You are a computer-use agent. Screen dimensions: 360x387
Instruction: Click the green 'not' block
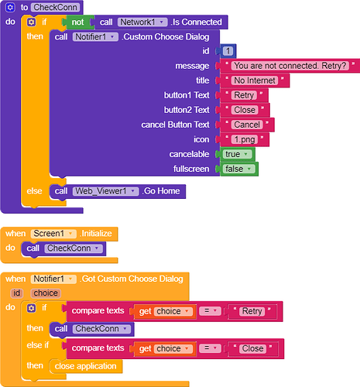pyautogui.click(x=78, y=22)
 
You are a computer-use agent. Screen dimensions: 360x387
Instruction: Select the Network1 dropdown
pyautogui.click(x=142, y=22)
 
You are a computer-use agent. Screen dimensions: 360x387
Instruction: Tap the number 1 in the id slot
pyautogui.click(x=228, y=51)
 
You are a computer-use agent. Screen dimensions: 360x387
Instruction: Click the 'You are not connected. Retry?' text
pyautogui.click(x=290, y=66)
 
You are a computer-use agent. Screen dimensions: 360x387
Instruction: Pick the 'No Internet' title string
pyautogui.click(x=255, y=80)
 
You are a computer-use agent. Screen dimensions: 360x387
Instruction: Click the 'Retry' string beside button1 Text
pyautogui.click(x=244, y=95)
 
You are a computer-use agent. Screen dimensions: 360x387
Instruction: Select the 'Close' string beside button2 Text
pyautogui.click(x=245, y=110)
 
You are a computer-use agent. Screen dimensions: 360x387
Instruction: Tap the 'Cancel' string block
pyautogui.click(x=247, y=125)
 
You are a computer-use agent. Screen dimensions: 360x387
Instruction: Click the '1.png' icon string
pyautogui.click(x=245, y=139)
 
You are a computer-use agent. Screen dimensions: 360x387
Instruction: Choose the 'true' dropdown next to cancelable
pyautogui.click(x=237, y=154)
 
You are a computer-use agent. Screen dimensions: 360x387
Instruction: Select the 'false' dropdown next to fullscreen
pyautogui.click(x=238, y=169)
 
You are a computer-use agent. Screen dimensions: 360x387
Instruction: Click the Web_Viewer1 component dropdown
pyautogui.click(x=105, y=191)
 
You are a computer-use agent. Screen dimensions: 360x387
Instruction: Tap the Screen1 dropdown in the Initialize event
pyautogui.click(x=53, y=234)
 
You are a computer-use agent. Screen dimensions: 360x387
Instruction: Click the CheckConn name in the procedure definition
pyautogui.click(x=56, y=8)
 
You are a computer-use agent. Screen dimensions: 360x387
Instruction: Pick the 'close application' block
pyautogui.click(x=86, y=366)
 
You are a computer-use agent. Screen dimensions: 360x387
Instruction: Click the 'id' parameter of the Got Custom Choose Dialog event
pyautogui.click(x=17, y=293)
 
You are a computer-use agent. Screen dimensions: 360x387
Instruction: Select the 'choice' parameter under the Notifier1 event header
pyautogui.click(x=46, y=293)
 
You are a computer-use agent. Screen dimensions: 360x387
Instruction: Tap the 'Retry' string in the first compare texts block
pyautogui.click(x=252, y=311)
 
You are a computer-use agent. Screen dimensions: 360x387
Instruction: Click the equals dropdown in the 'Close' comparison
pyautogui.click(x=210, y=348)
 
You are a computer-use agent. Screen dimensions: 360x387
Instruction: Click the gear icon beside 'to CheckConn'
pyautogui.click(x=10, y=8)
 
